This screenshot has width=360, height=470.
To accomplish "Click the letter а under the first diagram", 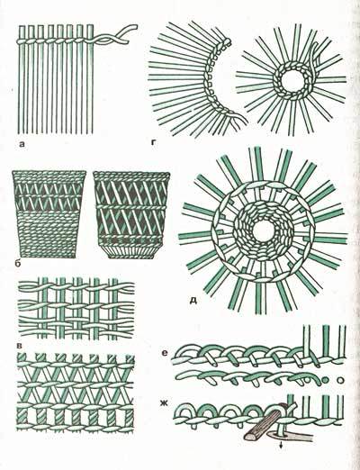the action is click(22, 145).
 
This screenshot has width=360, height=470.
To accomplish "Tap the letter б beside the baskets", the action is click(17, 264).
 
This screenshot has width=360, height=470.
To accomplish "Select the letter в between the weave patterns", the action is click(20, 346).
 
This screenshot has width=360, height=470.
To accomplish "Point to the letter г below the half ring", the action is click(154, 143).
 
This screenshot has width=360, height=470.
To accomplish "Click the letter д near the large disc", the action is click(193, 300).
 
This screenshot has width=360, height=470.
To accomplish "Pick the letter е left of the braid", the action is click(164, 353).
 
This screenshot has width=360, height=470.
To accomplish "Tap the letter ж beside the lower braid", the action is click(164, 403).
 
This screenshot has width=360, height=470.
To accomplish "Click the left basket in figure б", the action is click(49, 214).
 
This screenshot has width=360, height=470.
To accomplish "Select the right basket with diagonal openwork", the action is click(131, 214).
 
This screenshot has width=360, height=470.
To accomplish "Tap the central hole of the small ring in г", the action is click(292, 80).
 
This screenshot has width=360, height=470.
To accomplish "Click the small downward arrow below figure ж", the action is click(281, 447).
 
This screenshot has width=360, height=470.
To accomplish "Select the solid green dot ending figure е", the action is click(325, 381).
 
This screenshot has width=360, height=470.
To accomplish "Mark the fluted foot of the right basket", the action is click(131, 251).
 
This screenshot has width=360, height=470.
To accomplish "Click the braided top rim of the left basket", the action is click(49, 175).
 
